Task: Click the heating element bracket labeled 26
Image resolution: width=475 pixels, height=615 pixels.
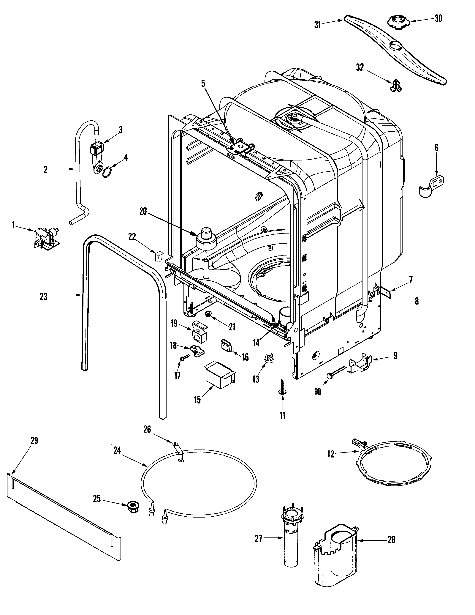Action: coord(178,453)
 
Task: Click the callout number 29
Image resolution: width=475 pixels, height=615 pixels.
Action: coord(34,441)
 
